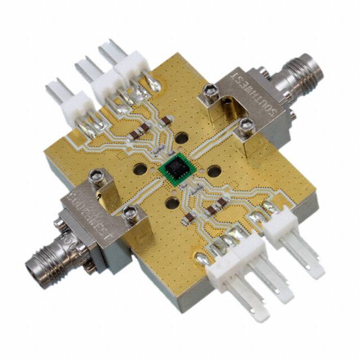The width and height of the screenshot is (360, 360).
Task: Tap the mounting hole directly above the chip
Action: coord(182,137)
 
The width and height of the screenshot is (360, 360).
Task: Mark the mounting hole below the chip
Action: coord(171,203)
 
